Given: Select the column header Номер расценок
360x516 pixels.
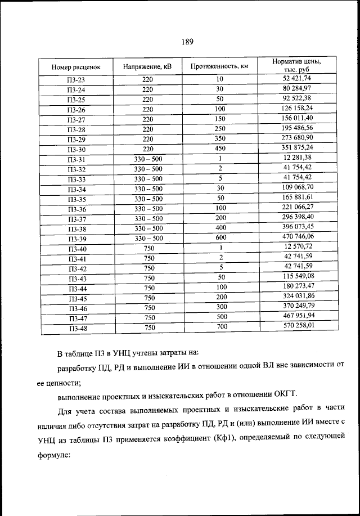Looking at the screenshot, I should (x=76, y=67).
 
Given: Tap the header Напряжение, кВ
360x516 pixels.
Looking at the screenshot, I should (x=147, y=66).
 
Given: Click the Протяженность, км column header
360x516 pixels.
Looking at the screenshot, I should (x=219, y=66).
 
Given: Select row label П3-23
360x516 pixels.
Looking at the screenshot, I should (x=76, y=80).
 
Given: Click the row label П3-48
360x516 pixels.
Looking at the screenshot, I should (x=76, y=328).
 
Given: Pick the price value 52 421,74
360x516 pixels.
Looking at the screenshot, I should (x=297, y=78).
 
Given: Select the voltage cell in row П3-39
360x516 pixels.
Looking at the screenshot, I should (x=148, y=239).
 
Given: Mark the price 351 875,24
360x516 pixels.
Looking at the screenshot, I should (x=297, y=147).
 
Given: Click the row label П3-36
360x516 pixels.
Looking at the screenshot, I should (x=76, y=209).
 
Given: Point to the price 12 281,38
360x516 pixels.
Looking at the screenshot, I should (x=297, y=158).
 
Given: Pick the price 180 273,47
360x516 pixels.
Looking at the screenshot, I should (x=297, y=286).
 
